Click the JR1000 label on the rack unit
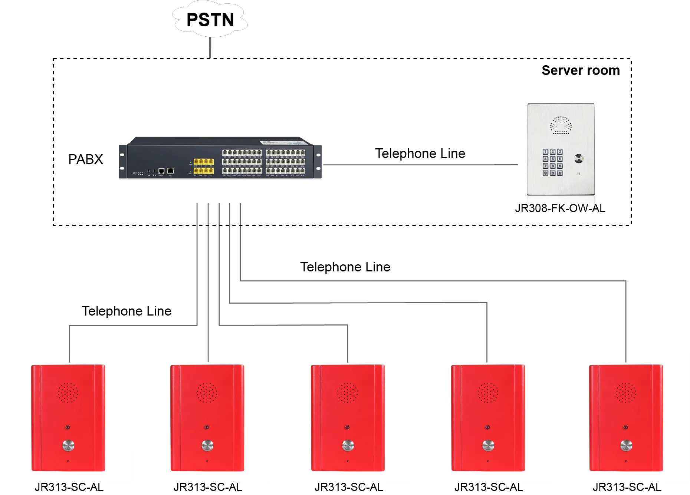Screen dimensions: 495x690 click(x=138, y=174)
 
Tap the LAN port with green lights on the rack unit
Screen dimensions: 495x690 click(x=171, y=171)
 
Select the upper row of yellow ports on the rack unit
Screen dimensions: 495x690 click(x=203, y=162)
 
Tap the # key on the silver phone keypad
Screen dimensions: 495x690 click(x=560, y=173)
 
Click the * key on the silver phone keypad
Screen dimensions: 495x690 click(x=545, y=173)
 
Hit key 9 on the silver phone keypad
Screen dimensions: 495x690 click(x=560, y=166)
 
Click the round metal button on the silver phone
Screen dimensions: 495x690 click(x=579, y=159)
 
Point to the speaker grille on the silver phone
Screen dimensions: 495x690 click(x=561, y=125)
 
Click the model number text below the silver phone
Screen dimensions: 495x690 click(x=560, y=208)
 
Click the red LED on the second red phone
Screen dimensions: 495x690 click(x=207, y=428)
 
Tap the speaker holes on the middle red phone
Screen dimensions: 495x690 click(x=348, y=393)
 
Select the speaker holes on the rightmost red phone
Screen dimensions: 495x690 click(x=626, y=393)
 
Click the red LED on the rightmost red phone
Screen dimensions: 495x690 click(x=625, y=428)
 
